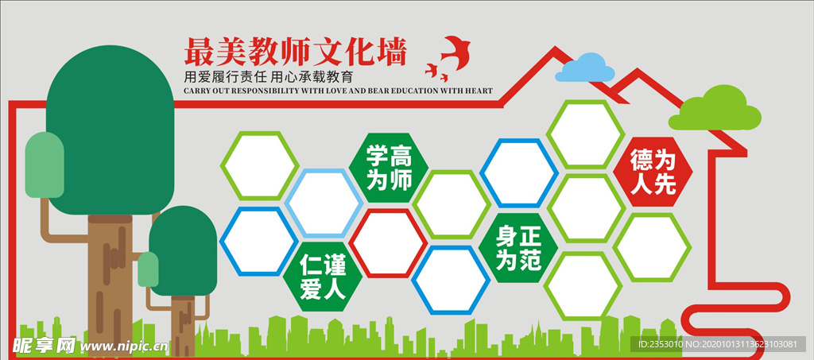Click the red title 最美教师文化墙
tap(295, 52)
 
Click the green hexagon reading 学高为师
tap(389, 168)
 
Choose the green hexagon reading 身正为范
tap(518, 248)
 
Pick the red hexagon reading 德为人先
tap(653, 172)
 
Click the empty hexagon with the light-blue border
tap(324, 203)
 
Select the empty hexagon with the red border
tap(389, 242)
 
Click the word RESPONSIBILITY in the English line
tap(277, 91)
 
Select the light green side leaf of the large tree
tap(45, 165)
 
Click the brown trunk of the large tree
tap(109, 278)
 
